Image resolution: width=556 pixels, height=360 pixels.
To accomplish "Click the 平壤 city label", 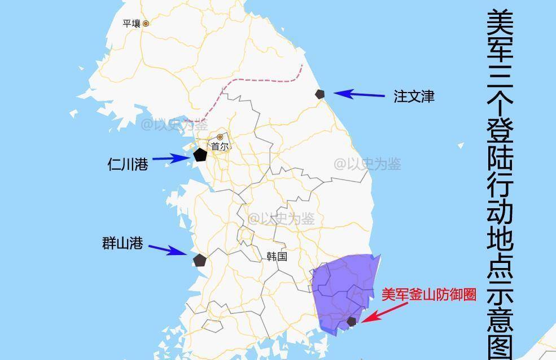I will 131,24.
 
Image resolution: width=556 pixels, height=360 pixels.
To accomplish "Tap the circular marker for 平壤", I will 146,24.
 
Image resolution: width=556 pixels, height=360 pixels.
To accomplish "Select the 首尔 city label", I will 220,146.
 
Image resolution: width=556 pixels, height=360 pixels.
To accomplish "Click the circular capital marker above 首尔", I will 220,137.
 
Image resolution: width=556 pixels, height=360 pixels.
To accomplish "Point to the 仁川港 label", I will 128,164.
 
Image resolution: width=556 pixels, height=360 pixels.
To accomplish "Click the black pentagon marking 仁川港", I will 200,155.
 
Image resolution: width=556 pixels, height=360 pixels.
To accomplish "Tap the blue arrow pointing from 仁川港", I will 172,159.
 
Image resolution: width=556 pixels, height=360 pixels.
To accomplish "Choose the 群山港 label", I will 122,244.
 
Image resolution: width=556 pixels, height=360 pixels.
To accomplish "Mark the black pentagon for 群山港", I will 199,260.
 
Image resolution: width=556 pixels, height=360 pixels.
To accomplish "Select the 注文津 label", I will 414,96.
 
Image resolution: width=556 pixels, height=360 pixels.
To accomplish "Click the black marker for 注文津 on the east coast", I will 321,94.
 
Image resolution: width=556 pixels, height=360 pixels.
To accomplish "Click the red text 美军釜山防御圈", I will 428,295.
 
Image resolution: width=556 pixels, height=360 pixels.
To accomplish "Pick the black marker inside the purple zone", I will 352,321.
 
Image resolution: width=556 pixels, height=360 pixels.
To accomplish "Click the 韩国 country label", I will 277,256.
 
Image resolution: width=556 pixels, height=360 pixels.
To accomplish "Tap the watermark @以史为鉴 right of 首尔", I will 367,164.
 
